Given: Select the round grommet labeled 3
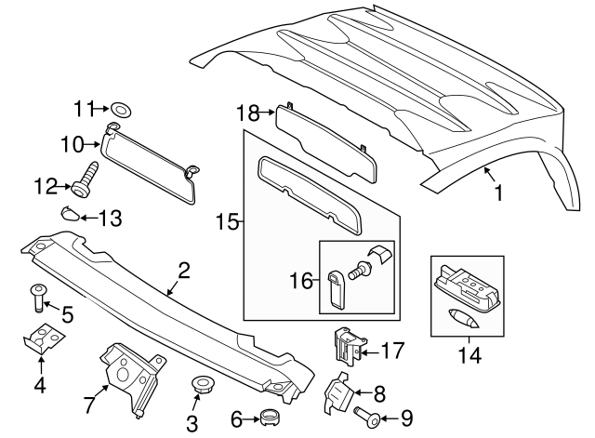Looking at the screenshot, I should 199,385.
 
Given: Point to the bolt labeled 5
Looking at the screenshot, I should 36,299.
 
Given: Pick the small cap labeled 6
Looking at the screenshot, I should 270,418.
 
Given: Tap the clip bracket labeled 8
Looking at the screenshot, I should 337,394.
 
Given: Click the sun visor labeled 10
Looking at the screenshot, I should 149,157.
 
